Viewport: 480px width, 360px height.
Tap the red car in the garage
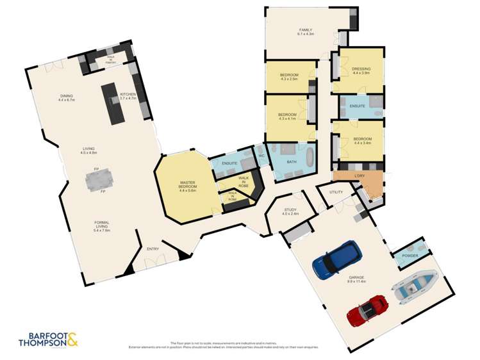coord(367,310)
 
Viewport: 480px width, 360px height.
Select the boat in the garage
coord(417,286)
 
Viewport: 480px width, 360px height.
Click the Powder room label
coord(410,256)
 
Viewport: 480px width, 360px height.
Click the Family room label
coord(305,30)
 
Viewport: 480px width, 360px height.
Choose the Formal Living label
coord(103,224)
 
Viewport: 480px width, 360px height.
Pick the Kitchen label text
coord(128,94)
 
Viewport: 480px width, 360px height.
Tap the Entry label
coord(153,249)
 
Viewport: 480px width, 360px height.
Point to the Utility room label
coord(336,192)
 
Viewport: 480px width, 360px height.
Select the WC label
coord(261,156)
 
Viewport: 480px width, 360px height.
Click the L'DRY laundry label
coord(360,175)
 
